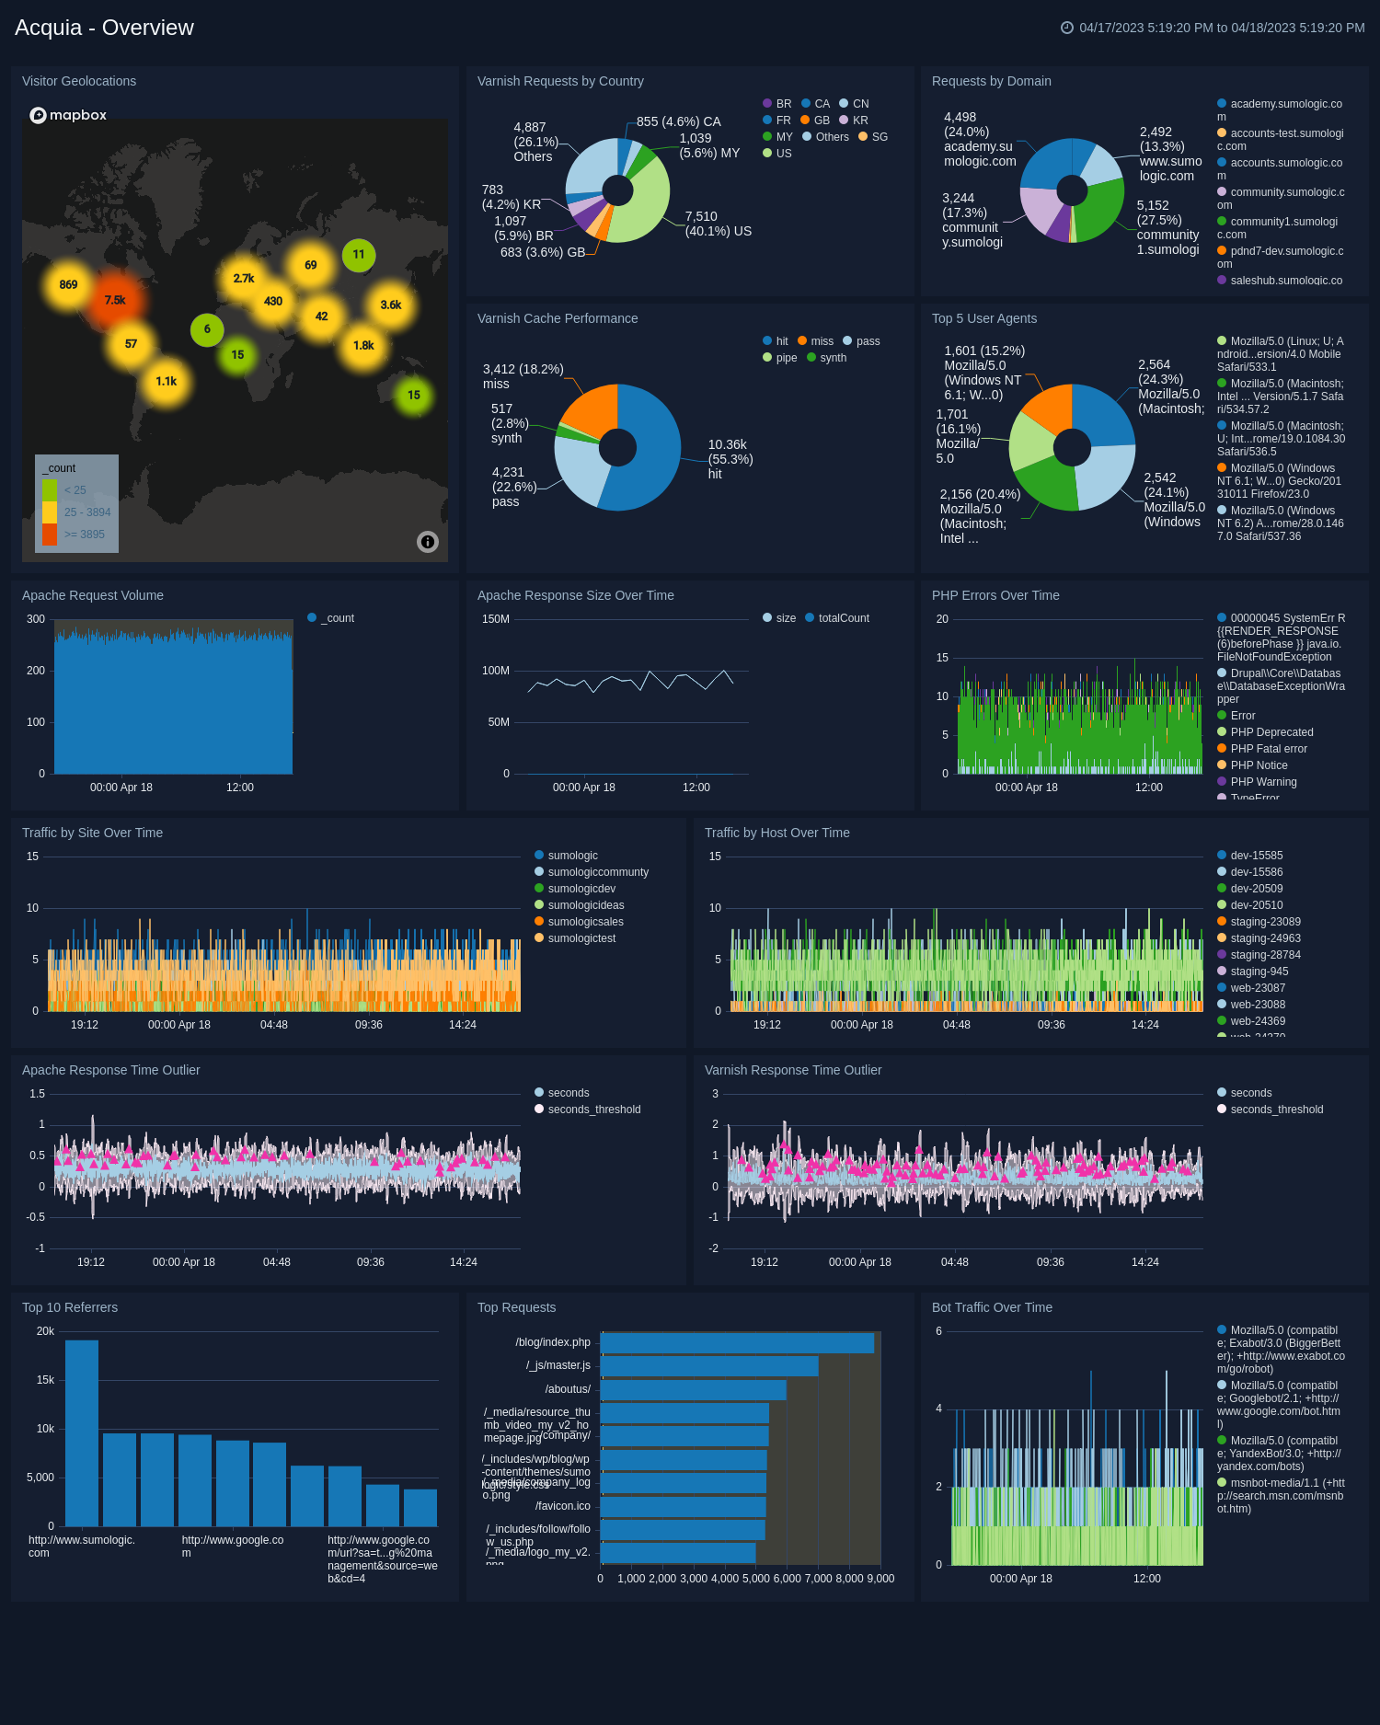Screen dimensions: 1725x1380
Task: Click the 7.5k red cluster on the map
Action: [x=114, y=301]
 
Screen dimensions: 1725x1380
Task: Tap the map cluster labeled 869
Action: [x=68, y=285]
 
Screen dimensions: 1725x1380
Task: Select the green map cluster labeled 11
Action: [x=359, y=255]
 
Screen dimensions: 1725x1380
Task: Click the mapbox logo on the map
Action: [x=68, y=115]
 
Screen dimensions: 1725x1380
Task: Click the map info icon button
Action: [x=428, y=542]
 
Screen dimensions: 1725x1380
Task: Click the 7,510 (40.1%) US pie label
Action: [x=718, y=224]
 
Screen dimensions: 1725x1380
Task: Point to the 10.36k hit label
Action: [x=730, y=459]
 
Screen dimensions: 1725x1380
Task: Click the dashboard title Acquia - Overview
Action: [x=104, y=28]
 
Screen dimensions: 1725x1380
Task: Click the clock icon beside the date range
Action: [x=1067, y=28]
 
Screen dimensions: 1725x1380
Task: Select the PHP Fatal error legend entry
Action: [x=1268, y=749]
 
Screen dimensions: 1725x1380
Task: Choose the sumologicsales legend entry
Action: [x=585, y=922]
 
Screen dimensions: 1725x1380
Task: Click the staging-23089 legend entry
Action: [x=1265, y=922]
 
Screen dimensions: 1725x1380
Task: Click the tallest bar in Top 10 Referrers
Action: [x=82, y=1432]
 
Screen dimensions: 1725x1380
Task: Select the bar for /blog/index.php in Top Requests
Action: [x=737, y=1343]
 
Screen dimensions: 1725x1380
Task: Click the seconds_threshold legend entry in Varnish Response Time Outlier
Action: [x=1276, y=1110]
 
